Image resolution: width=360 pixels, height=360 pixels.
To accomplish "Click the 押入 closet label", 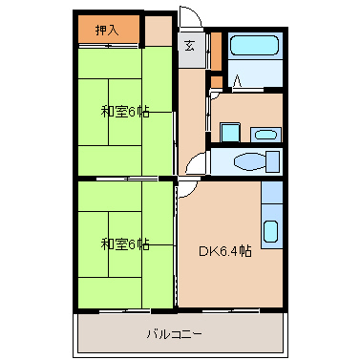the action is [x=107, y=31].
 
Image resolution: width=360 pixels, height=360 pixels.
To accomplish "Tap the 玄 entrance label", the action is [x=190, y=47].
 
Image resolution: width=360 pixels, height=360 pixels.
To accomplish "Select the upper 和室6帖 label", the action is [x=125, y=112].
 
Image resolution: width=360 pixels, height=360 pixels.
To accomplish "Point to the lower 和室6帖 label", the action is [x=125, y=244].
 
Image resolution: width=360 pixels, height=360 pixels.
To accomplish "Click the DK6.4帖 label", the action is [x=225, y=251].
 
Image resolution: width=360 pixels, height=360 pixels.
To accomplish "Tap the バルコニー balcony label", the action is [x=175, y=334].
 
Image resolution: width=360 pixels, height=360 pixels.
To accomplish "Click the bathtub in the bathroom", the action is [x=254, y=45].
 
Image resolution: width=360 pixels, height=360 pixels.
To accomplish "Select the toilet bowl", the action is [x=250, y=161].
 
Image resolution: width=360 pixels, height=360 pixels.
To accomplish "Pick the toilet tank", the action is [x=273, y=161].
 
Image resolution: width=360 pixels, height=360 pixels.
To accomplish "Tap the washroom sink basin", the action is [x=265, y=135].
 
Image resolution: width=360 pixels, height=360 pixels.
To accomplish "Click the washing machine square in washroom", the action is [x=230, y=133].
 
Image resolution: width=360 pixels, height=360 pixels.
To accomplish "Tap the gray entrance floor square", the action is [x=191, y=50].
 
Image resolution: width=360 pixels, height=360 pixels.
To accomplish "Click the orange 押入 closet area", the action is [x=109, y=29].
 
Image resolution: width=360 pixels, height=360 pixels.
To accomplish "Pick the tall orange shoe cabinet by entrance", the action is [x=216, y=51].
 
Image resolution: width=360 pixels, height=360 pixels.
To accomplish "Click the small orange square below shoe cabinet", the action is [x=217, y=82].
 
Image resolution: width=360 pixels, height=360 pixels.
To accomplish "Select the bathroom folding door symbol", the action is [x=238, y=81].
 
